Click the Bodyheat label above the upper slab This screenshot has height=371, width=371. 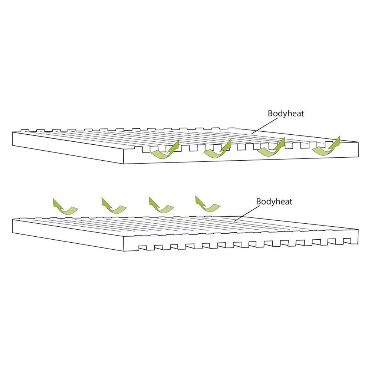286,114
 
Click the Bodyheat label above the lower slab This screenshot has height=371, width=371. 274,201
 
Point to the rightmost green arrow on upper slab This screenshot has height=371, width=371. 326,147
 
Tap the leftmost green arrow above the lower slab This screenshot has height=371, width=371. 65,207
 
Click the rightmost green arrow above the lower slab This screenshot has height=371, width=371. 207,204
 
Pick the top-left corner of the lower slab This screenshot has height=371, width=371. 13,219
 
